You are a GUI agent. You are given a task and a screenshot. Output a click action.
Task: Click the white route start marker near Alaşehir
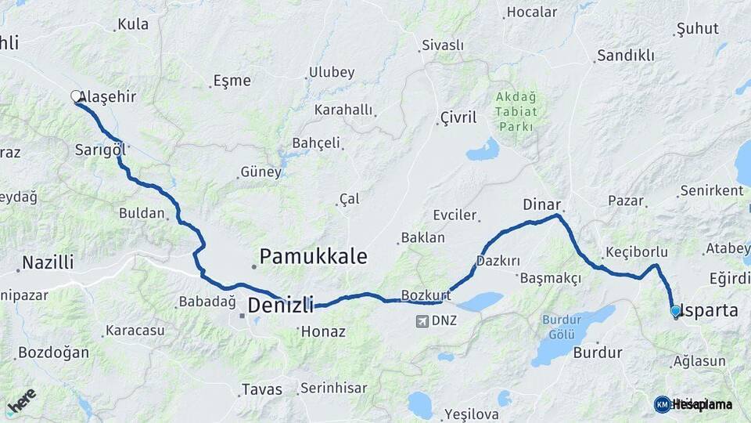[76, 96]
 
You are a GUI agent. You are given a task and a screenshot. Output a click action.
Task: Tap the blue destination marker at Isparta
[676, 311]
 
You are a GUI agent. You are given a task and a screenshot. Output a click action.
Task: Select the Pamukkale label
[313, 256]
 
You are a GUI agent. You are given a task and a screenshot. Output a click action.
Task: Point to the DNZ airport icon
[423, 320]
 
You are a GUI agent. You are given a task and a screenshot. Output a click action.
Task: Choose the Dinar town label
[541, 204]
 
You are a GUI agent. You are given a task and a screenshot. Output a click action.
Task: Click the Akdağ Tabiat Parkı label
[516, 112]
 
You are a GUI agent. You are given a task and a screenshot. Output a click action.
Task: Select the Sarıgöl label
[100, 149]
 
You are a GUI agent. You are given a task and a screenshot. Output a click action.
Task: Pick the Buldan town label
[142, 212]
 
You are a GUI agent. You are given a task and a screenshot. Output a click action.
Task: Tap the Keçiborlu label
[636, 252]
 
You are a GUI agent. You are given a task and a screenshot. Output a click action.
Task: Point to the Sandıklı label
[625, 56]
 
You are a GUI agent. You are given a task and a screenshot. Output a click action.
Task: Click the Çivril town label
[458, 117]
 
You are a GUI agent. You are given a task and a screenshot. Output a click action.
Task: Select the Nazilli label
[48, 262]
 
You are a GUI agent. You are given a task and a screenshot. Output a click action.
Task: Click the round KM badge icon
[662, 404]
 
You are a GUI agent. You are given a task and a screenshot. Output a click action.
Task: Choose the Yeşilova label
[470, 414]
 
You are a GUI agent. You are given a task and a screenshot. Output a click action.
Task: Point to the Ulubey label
[332, 72]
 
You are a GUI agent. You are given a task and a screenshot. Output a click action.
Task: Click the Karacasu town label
[135, 331]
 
